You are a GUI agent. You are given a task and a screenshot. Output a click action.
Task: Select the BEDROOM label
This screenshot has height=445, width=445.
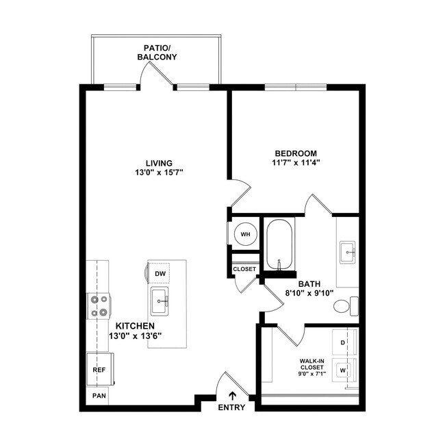coord(296,153)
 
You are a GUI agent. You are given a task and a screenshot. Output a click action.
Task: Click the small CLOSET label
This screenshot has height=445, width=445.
coord(244,269)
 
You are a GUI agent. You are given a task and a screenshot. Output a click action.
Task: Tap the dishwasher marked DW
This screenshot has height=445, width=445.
coord(160,274)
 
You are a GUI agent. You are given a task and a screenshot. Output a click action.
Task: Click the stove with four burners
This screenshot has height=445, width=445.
coord(99,305)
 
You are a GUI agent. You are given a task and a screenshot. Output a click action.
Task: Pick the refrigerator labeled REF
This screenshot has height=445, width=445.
coord(99,370)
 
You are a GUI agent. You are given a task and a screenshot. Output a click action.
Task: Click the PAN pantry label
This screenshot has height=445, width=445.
coord(99,396)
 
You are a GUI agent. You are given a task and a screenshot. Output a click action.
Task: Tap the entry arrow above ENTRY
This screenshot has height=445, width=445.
coord(233,395)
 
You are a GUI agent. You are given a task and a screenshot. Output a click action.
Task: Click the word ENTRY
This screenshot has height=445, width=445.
coord(232,408)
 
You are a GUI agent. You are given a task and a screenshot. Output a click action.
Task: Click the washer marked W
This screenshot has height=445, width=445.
coord(343,370)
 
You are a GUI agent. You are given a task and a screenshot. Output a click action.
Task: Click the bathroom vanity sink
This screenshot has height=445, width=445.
coord(347,252)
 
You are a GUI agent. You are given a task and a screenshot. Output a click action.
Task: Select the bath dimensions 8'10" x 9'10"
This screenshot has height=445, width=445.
coord(309,293)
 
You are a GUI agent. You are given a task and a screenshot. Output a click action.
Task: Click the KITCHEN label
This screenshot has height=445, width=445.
coord(134,326)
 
